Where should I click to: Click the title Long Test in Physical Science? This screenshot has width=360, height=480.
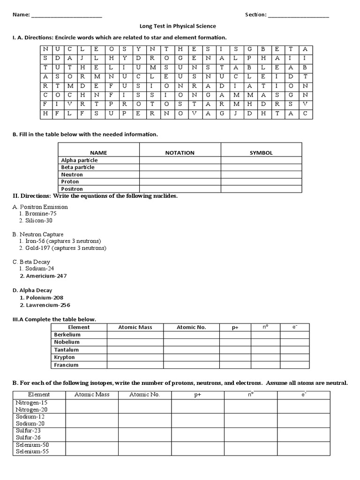click(178, 26)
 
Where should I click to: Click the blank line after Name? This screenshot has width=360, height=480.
click(67, 15)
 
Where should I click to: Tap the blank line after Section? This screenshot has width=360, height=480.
click(299, 15)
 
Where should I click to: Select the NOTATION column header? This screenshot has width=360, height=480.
click(180, 153)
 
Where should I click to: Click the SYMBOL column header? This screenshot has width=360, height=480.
click(261, 153)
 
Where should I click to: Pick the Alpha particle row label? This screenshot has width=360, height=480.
click(79, 160)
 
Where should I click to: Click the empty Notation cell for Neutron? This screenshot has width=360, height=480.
click(180, 174)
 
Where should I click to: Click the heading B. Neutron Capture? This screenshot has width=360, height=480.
click(38, 234)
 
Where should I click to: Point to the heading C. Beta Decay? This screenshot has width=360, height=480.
click(31, 262)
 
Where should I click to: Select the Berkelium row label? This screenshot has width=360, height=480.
click(67, 335)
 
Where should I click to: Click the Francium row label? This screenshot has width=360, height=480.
click(67, 365)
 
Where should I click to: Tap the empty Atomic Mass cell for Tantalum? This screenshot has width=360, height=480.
click(135, 350)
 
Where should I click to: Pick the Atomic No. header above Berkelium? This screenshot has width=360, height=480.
click(191, 327)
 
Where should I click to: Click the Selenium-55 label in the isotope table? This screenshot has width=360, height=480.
click(32, 452)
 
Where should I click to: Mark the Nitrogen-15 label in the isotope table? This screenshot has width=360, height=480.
click(32, 403)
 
